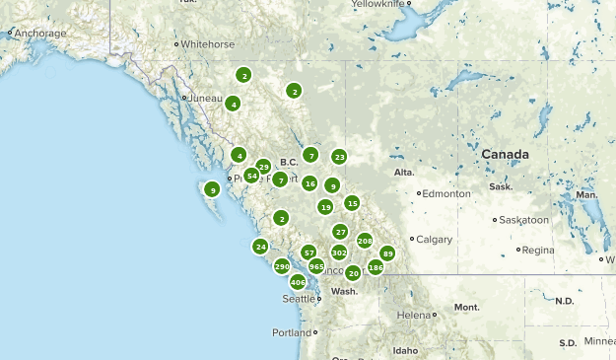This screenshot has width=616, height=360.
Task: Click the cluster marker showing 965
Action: click(x=316, y=266)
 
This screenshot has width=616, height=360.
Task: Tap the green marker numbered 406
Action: click(x=298, y=282)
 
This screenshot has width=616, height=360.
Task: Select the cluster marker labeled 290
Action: click(x=282, y=266)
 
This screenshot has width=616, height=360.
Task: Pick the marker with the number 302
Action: click(x=339, y=252)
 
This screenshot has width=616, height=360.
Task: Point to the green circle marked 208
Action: click(x=365, y=241)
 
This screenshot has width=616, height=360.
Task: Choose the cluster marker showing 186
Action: click(x=376, y=267)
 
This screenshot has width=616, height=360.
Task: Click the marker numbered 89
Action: click(x=387, y=253)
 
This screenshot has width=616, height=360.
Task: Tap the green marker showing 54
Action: click(x=252, y=176)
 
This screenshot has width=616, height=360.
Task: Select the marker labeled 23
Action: click(x=339, y=156)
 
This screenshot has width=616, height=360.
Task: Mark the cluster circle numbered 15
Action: click(x=352, y=203)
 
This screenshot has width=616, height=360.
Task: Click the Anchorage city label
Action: click(x=39, y=34)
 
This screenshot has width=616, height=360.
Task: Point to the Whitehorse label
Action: click(x=207, y=44)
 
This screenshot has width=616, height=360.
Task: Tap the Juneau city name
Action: click(x=205, y=98)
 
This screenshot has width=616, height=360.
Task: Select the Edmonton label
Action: click(x=447, y=193)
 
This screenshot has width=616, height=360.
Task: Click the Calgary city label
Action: click(x=434, y=239)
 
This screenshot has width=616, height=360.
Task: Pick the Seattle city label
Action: click(x=299, y=298)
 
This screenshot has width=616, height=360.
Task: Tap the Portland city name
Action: click(x=292, y=332)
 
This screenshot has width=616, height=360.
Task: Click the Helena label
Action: click(x=413, y=315)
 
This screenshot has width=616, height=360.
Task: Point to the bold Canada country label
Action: click(x=505, y=155)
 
